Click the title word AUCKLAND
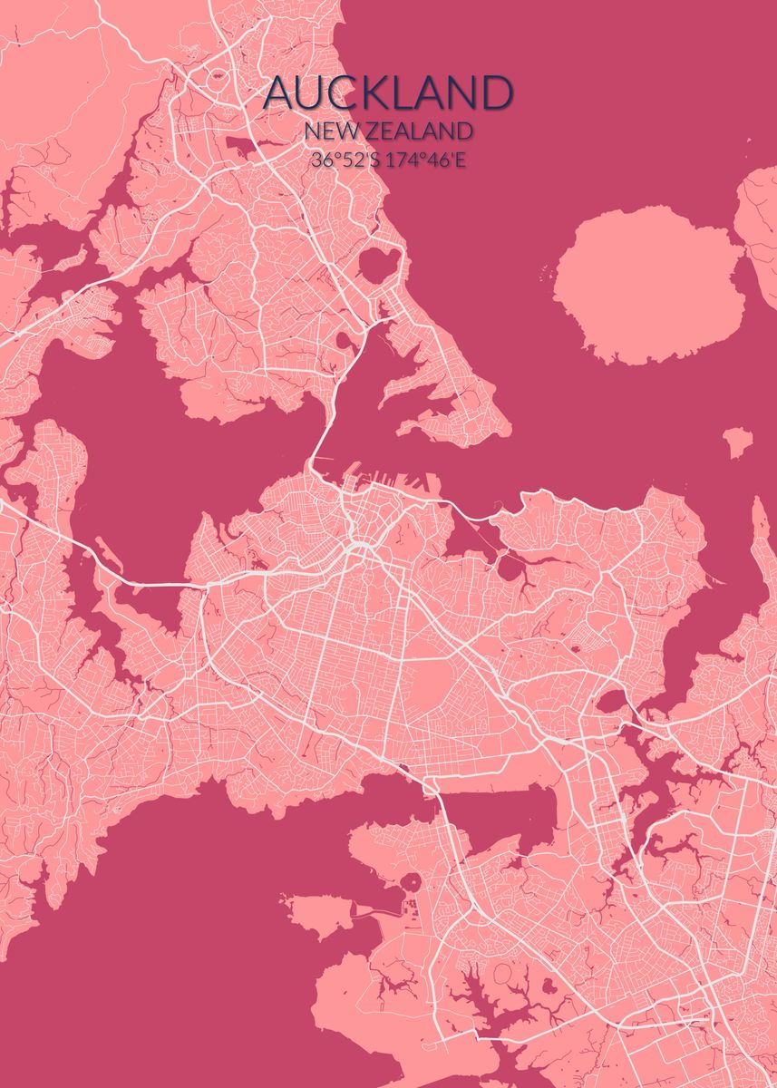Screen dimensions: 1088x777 pyautogui.click(x=389, y=94)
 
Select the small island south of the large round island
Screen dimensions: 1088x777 pyautogui.click(x=738, y=442)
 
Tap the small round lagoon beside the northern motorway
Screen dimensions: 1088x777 pyautogui.click(x=345, y=342)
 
